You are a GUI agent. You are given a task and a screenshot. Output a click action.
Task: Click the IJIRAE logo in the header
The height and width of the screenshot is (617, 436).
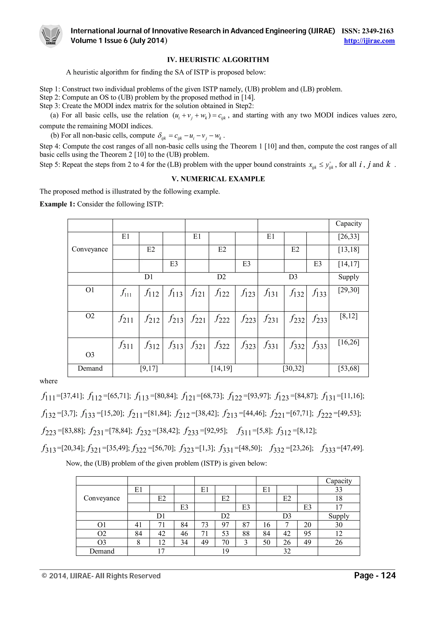(x=51, y=36)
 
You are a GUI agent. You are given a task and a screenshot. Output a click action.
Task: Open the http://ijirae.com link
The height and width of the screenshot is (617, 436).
(x=369, y=41)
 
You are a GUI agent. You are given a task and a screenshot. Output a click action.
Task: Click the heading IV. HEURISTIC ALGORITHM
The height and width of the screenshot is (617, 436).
(x=218, y=60)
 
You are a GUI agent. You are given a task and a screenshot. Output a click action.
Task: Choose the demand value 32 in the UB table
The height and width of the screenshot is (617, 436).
(x=287, y=551)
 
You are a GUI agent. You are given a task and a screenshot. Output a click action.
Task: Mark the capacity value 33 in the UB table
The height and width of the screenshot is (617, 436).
(x=338, y=490)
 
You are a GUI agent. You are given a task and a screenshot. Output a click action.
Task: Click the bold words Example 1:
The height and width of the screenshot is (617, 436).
(x=57, y=204)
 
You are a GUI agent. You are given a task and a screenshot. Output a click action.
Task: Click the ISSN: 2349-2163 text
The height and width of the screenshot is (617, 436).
(x=367, y=31)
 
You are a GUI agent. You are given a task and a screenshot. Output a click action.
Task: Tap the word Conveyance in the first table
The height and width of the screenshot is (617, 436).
(x=90, y=249)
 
